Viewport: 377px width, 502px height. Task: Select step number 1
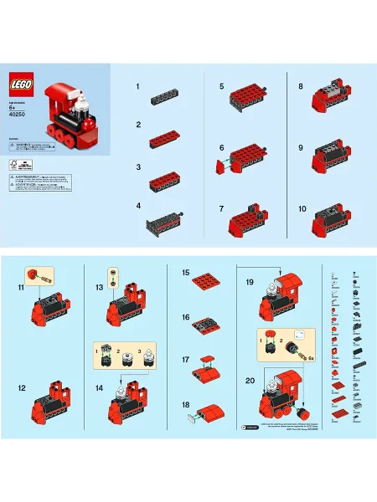tap(137, 86)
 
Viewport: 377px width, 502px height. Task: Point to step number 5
tap(221, 86)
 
